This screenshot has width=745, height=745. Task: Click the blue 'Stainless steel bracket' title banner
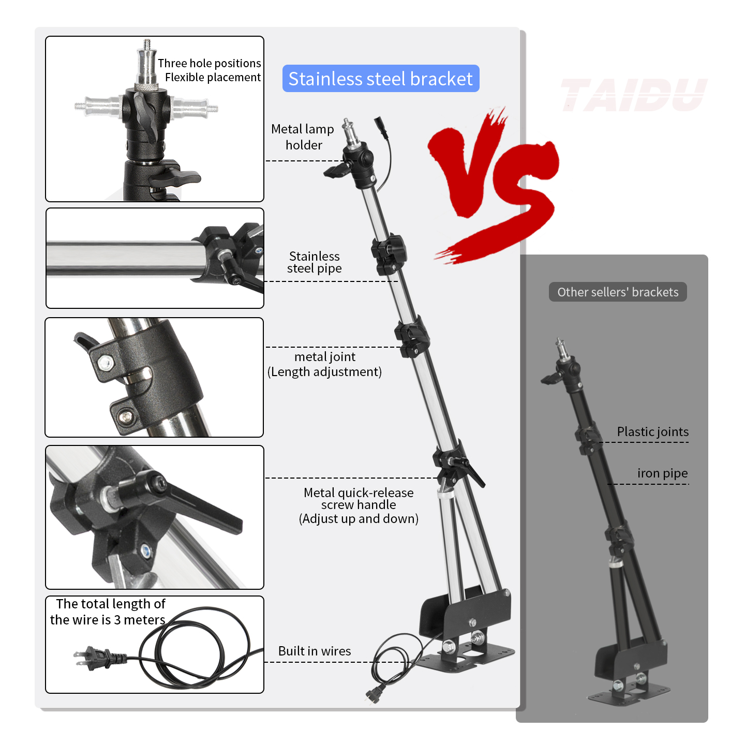(380, 79)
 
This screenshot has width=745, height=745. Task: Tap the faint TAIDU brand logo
(633, 95)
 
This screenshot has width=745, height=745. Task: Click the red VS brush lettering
(494, 181)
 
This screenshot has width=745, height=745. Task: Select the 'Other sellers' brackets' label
(617, 292)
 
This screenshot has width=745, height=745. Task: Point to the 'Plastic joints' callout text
(652, 431)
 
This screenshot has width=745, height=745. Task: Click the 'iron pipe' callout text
(662, 473)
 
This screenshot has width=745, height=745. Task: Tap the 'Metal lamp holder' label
(303, 137)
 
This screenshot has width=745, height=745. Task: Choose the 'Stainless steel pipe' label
(314, 262)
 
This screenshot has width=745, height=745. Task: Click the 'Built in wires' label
(314, 651)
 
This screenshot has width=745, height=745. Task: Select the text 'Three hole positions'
(209, 63)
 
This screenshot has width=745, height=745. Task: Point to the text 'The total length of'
(111, 604)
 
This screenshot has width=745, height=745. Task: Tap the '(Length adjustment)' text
(324, 371)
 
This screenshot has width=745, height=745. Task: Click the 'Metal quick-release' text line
(359, 493)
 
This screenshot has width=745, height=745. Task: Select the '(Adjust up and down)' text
(359, 518)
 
